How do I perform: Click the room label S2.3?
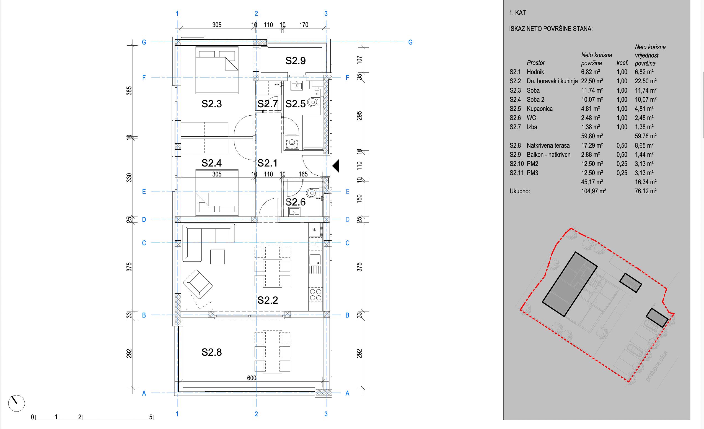point(211,104)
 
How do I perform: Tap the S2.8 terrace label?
point(211,352)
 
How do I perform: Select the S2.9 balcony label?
point(296,61)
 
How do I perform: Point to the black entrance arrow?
point(335,166)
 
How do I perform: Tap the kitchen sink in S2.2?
point(315,260)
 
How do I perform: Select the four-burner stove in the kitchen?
point(315,295)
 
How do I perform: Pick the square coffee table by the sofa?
point(218,257)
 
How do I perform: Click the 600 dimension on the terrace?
point(252,378)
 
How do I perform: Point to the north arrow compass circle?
point(17,403)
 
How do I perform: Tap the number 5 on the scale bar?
point(151,417)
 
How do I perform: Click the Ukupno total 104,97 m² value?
point(593,191)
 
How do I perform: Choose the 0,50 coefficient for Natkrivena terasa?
point(622,145)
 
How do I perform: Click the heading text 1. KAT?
point(517,13)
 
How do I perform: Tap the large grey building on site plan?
point(570,284)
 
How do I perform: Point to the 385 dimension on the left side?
point(129,91)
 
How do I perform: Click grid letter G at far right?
point(410,42)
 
